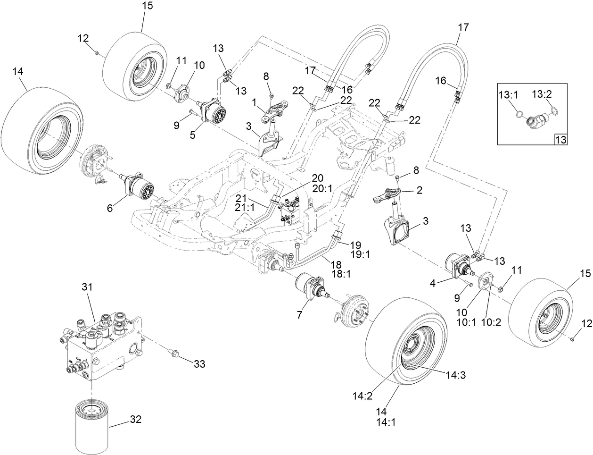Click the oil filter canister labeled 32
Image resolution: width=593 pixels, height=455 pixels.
(91, 424)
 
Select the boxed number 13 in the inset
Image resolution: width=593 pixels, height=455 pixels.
(560, 139)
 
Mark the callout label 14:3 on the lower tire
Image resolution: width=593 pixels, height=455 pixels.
(456, 375)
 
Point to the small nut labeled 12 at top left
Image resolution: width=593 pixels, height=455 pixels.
(96, 53)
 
